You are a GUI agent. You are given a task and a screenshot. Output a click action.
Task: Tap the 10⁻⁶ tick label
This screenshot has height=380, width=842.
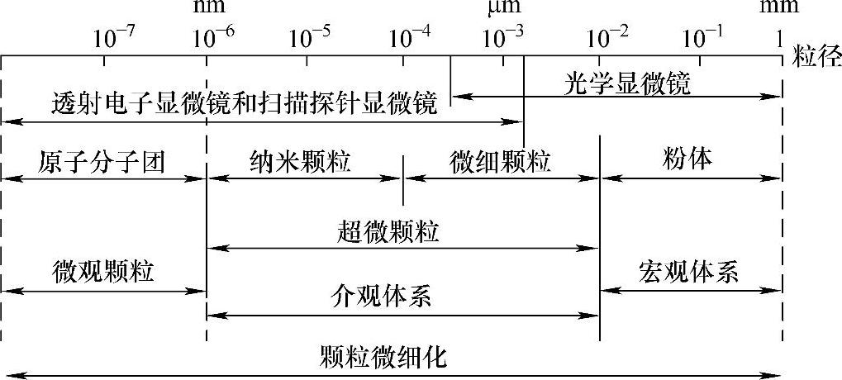tap(214, 38)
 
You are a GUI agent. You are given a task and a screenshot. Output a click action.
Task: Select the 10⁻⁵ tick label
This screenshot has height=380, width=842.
tap(311, 38)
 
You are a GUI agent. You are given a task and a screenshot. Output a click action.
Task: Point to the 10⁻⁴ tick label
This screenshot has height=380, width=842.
tap(410, 38)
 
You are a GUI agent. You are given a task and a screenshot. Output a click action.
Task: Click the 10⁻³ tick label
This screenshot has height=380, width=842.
tap(503, 38)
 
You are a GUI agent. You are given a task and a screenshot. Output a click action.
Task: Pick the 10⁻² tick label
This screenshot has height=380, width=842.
tap(607, 38)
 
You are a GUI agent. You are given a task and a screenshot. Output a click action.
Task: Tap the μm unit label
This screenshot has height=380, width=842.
tap(502, 9)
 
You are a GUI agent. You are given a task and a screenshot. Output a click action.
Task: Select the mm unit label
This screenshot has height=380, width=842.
tap(780, 9)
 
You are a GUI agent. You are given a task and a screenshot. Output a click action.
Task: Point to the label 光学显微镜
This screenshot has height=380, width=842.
tap(628, 83)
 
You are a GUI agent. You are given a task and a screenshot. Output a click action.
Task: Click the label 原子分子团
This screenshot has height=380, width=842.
tap(102, 160)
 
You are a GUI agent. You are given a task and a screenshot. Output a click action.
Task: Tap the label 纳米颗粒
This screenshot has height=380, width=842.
tap(300, 160)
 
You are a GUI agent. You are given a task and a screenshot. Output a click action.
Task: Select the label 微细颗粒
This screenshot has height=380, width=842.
tap(501, 160)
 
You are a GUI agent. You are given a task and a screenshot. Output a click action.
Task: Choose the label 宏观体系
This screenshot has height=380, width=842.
tap(688, 272)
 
